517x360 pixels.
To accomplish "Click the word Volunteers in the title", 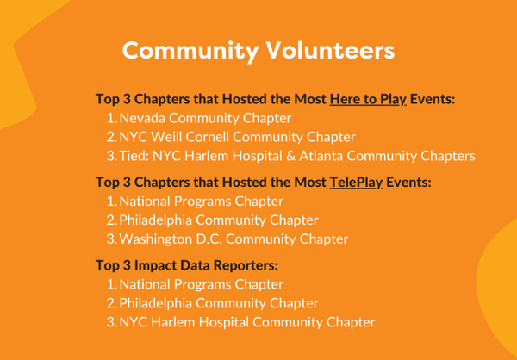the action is tap(330, 51).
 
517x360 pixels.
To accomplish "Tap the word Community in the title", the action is tap(190, 52).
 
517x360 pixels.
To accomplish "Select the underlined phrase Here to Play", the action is tap(368, 100).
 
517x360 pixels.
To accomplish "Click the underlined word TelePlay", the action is tap(356, 183).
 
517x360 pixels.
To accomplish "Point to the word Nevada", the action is tap(143, 118).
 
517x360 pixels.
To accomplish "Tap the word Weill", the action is tap(169, 137).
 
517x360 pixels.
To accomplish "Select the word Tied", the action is tap(134, 156).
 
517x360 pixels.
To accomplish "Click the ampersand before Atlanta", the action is tap(291, 156).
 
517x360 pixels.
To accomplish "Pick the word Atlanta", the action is tap(321, 156).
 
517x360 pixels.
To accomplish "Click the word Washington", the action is tap(156, 239).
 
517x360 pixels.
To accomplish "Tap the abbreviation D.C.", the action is tap(209, 239).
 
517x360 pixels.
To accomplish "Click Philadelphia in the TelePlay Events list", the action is tap(156, 220).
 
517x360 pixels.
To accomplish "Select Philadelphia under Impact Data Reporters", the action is tap(156, 304).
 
